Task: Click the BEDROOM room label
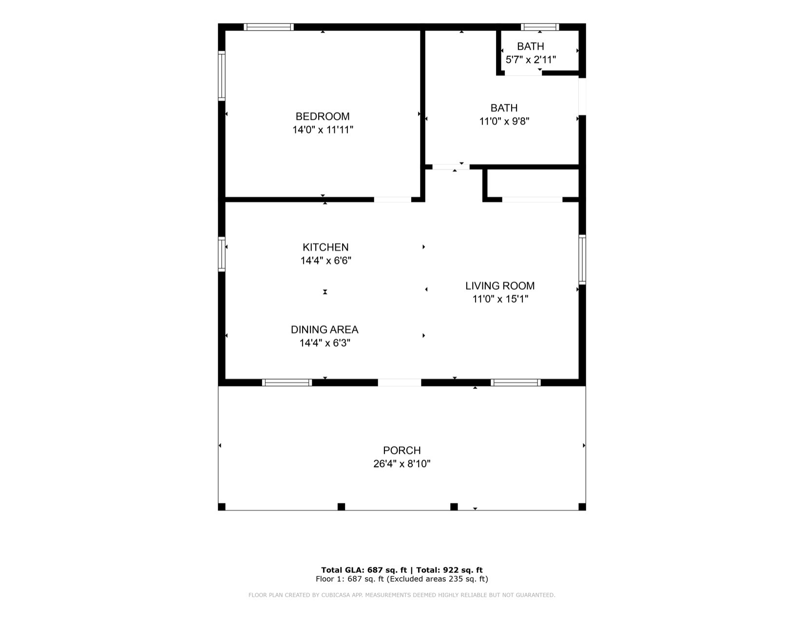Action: click(x=322, y=116)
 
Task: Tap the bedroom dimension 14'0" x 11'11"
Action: click(x=323, y=130)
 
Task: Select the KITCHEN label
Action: click(x=325, y=247)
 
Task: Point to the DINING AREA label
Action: click(x=325, y=330)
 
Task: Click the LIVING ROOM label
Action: click(x=500, y=285)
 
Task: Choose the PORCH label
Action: click(x=402, y=450)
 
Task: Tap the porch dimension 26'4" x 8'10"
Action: click(x=402, y=464)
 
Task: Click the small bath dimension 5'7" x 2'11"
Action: click(x=531, y=59)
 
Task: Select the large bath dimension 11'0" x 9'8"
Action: click(x=504, y=121)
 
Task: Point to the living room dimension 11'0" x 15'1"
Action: click(x=500, y=299)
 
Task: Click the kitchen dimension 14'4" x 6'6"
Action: click(x=325, y=261)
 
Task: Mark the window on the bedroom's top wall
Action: click(x=268, y=27)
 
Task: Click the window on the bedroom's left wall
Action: click(x=222, y=76)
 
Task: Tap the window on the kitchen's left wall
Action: click(x=222, y=254)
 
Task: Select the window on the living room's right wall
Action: click(x=582, y=260)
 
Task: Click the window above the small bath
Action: click(x=540, y=27)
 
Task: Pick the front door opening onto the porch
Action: click(x=399, y=383)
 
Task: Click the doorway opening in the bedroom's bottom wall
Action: click(x=393, y=200)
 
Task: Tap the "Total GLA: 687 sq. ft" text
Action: click(x=364, y=570)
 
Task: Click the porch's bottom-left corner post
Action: click(x=222, y=507)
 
